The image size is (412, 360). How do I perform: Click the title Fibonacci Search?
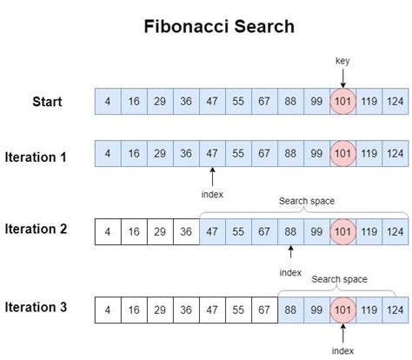tap(218, 26)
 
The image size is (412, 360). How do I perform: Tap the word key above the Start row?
tap(342, 61)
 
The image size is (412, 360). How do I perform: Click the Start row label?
tap(48, 102)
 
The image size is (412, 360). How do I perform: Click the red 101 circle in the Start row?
tap(342, 102)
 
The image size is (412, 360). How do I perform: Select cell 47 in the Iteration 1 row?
tap(212, 154)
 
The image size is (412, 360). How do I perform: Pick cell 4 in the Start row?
tap(108, 102)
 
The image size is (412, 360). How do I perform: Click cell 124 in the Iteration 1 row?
tap(394, 154)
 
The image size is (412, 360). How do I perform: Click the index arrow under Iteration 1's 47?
tap(212, 177)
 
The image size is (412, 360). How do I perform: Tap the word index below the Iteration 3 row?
tap(342, 350)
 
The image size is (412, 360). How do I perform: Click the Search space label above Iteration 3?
tap(340, 279)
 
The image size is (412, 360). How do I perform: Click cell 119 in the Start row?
tap(369, 102)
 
